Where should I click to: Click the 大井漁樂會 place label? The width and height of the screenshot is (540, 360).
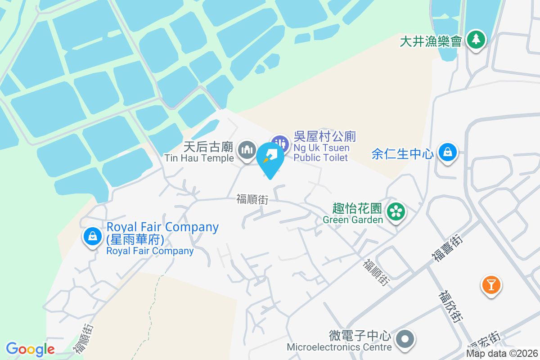point(431,41)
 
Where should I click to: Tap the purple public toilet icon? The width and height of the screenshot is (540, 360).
point(280,144)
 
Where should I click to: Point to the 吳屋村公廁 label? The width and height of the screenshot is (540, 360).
point(325,136)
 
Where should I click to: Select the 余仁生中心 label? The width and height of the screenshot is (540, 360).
point(403,154)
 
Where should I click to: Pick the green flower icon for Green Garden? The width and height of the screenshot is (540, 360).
point(396,211)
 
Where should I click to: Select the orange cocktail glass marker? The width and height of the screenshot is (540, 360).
point(491,284)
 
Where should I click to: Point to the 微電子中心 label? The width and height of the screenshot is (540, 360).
point(360,336)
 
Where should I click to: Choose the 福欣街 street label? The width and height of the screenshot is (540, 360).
point(450,306)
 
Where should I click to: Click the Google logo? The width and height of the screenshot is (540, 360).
point(30,349)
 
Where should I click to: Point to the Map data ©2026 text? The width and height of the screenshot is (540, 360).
point(501,354)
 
